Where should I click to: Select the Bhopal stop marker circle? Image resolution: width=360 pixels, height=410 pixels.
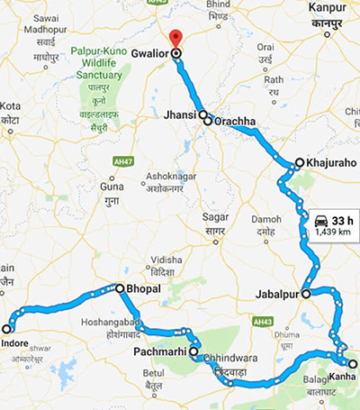point(119,288)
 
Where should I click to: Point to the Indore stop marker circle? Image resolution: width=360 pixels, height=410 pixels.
point(6,329)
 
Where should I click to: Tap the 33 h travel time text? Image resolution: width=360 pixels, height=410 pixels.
point(343,220)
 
